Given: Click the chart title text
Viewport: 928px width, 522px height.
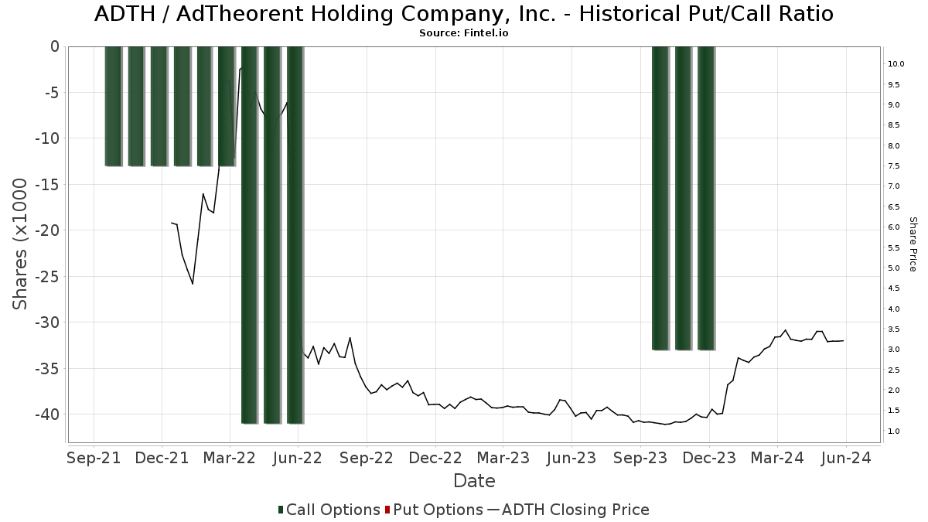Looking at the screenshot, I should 464,14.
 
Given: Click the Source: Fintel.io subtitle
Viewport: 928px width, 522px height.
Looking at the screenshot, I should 464,33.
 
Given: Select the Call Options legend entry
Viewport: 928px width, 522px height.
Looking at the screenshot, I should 329,510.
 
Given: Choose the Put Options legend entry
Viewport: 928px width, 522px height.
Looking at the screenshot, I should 434,510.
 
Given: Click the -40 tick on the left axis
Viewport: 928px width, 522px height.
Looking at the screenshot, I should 48,414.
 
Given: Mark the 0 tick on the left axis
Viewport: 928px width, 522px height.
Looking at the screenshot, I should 54,46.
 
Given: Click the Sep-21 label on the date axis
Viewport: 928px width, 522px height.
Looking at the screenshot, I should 94,458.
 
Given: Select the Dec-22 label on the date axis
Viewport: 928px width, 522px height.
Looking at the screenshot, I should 435,458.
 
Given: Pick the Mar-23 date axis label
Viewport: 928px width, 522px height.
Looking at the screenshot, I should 503,458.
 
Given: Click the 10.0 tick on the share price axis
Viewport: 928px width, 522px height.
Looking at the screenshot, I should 896,64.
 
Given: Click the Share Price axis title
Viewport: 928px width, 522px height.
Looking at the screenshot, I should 913,244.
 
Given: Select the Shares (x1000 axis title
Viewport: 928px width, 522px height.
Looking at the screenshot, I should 21,244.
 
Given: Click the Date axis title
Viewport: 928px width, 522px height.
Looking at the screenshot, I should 474,481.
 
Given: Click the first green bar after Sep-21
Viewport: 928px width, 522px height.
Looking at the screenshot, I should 113,106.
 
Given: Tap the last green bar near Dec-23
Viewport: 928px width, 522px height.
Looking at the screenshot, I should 705,198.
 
